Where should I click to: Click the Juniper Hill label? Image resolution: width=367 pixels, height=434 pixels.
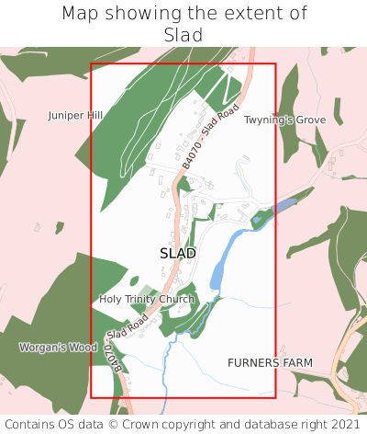pyautogui.click(x=75, y=116)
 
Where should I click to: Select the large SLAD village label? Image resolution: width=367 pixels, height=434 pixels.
pyautogui.click(x=177, y=253)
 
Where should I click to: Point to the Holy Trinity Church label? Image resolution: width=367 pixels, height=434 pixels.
pyautogui.click(x=147, y=299)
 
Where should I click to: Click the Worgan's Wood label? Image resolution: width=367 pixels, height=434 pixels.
pyautogui.click(x=58, y=348)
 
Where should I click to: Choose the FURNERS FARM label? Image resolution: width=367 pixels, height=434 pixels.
pyautogui.click(x=270, y=363)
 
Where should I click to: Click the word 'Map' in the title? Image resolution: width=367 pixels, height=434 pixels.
pyautogui.click(x=81, y=14)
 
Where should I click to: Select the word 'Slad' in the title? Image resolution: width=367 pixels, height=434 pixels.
pyautogui.click(x=183, y=35)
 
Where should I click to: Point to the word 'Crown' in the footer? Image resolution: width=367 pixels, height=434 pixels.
pyautogui.click(x=174, y=424)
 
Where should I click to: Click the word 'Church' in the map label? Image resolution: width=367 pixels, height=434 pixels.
pyautogui.click(x=176, y=299)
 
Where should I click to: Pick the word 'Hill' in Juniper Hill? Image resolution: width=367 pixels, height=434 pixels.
pyautogui.click(x=94, y=116)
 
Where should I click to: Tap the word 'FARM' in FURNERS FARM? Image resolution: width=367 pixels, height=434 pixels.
pyautogui.click(x=296, y=363)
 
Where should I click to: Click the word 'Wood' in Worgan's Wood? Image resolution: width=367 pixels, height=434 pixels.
pyautogui.click(x=83, y=348)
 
